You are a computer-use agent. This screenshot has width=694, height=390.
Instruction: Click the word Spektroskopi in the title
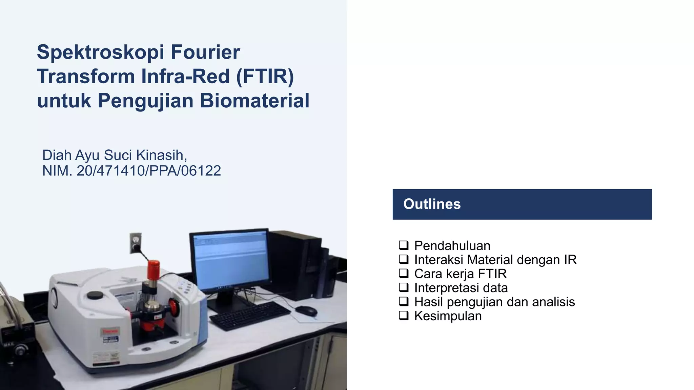click(100, 52)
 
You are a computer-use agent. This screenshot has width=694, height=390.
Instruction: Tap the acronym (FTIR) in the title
click(265, 76)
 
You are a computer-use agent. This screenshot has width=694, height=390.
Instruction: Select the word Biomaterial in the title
click(254, 101)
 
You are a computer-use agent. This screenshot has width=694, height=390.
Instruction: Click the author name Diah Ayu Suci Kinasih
click(114, 155)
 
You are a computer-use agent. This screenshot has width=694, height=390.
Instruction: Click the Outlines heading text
click(432, 204)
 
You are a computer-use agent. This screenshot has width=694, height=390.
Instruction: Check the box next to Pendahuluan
click(404, 245)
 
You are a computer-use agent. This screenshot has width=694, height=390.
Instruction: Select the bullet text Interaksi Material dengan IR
click(495, 260)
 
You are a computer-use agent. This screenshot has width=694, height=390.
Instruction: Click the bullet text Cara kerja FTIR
click(460, 274)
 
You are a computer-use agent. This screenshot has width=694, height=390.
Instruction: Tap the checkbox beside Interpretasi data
click(404, 287)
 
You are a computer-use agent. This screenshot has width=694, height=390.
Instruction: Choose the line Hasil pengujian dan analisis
click(494, 302)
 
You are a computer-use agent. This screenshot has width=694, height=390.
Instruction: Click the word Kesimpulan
click(448, 316)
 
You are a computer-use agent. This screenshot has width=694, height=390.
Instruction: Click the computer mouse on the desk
click(306, 310)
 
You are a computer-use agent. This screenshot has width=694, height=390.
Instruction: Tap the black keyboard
click(250, 316)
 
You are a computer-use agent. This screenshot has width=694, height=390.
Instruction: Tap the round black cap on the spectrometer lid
click(95, 295)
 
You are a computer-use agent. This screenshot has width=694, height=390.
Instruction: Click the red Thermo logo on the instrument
click(110, 331)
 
